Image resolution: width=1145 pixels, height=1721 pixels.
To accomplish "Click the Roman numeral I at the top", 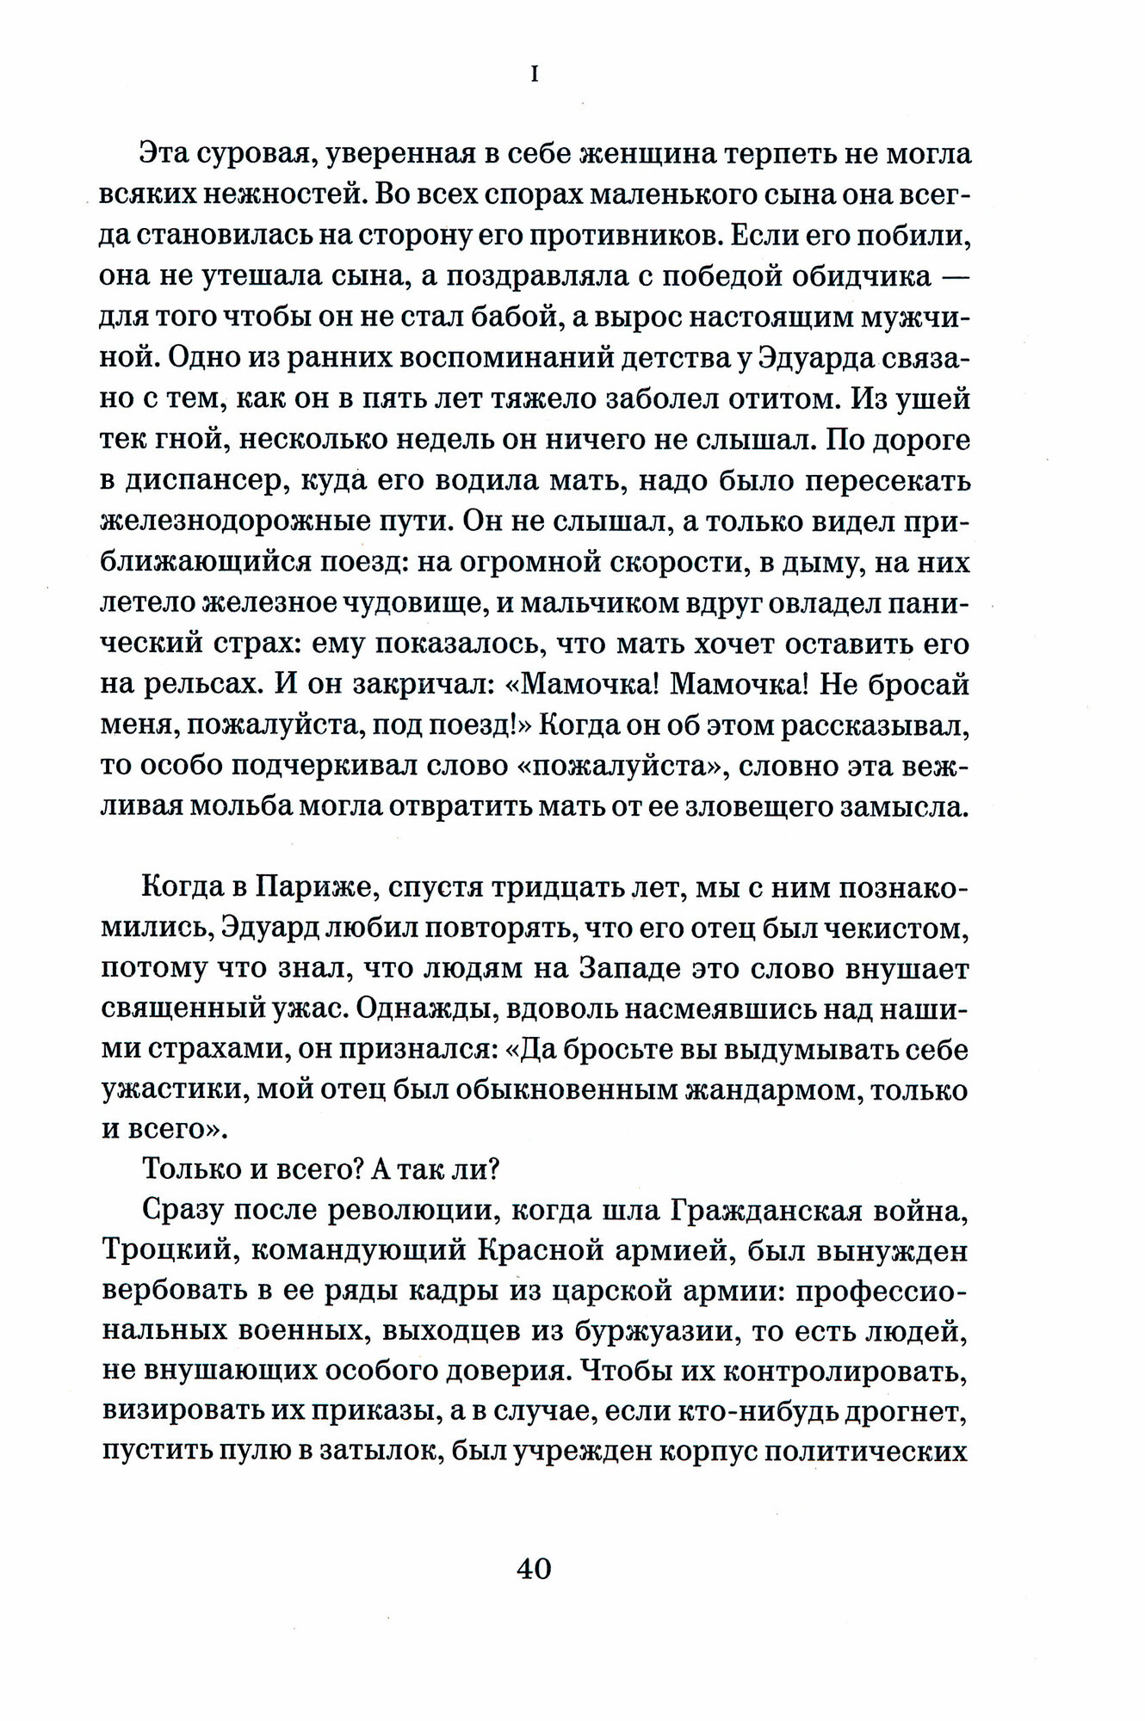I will coord(534,76).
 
